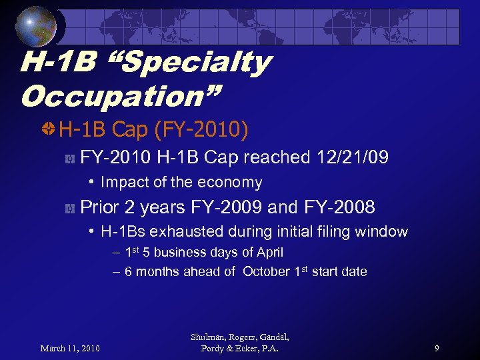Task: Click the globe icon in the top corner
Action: pos(37,27)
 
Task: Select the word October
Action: pos(266,271)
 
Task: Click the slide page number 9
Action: pos(436,348)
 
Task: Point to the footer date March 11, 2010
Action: pos(70,348)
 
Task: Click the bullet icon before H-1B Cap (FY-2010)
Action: pos(48,129)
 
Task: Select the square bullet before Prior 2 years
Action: pos(69,208)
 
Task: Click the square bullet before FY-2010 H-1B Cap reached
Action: pos(69,158)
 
